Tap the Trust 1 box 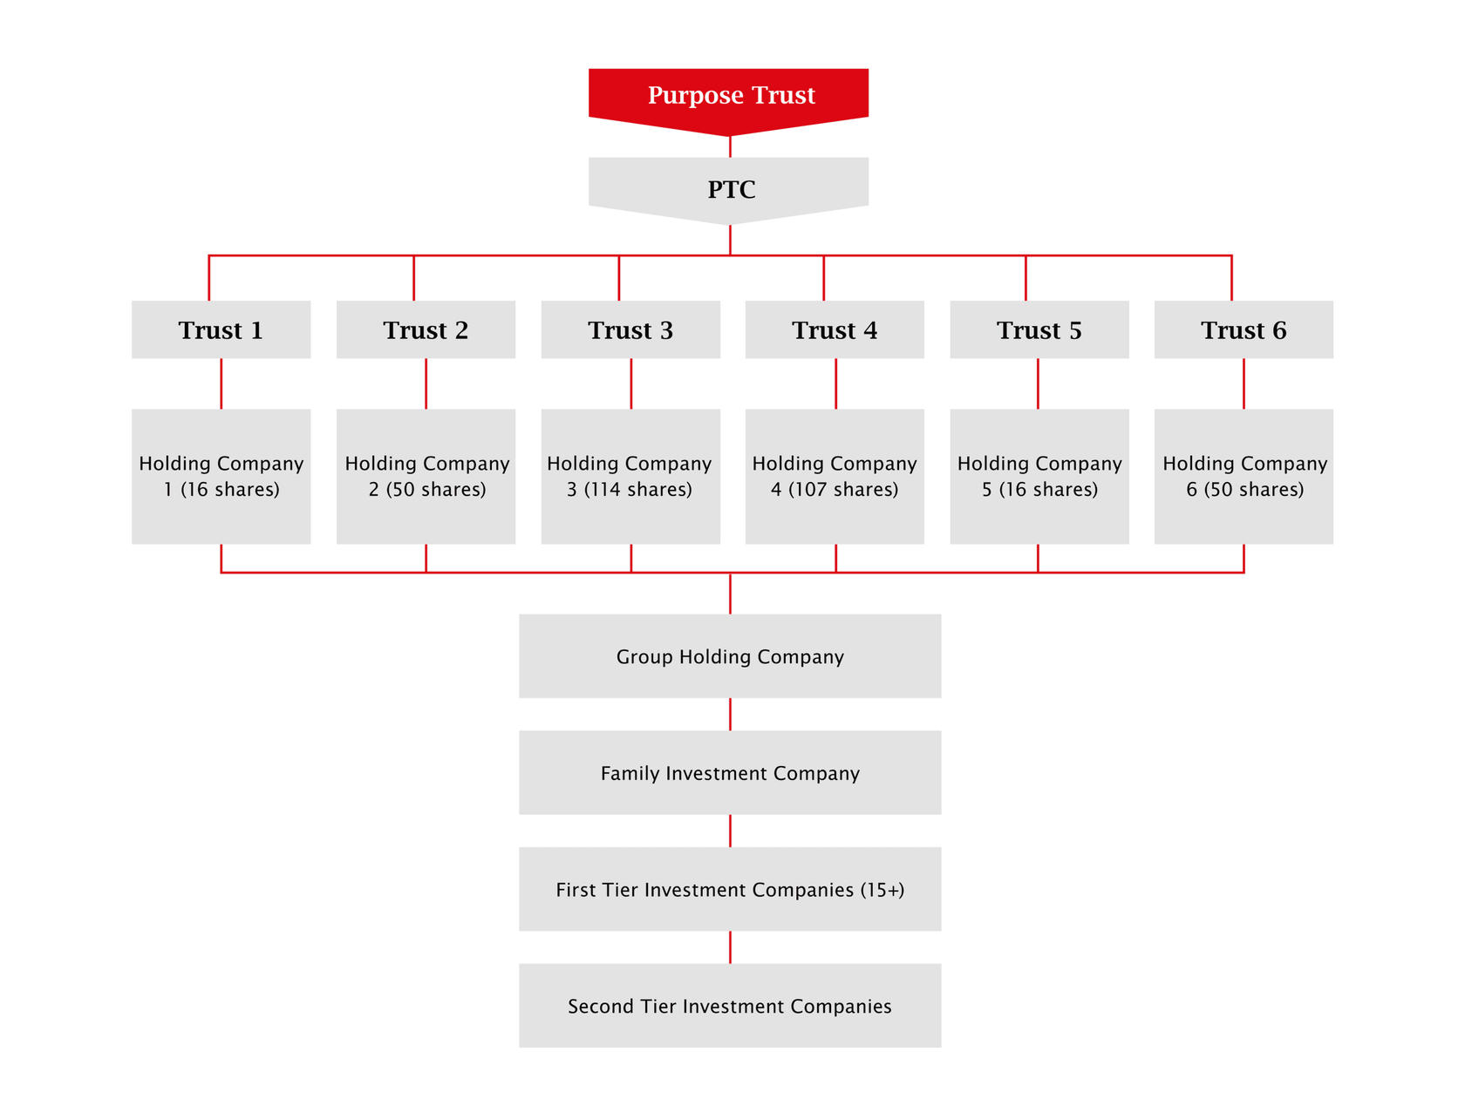(x=221, y=329)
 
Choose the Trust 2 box (x=426, y=329)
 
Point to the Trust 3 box (x=630, y=329)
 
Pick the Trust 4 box (x=835, y=329)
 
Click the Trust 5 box (x=1039, y=329)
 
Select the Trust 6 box (x=1244, y=329)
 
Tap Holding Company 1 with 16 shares (x=221, y=476)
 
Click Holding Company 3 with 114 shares (x=630, y=476)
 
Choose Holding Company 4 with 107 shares (x=835, y=476)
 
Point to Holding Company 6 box (x=1244, y=476)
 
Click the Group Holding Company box (x=730, y=656)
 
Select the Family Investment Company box (x=730, y=773)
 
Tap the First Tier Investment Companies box (x=730, y=890)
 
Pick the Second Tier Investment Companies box (x=730, y=1006)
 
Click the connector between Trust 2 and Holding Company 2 (x=426, y=383)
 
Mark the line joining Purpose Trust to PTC (x=730, y=146)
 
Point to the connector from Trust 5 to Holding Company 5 (x=1038, y=383)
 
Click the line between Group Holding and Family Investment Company (x=730, y=714)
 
